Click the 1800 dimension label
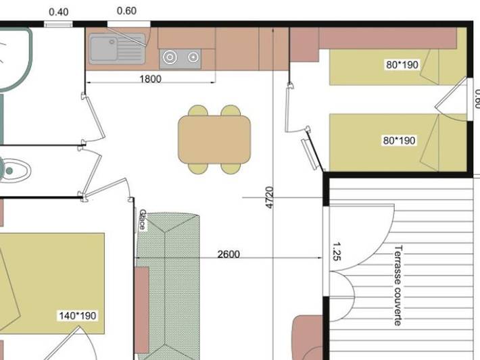(x=150, y=79)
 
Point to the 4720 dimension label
(x=270, y=197)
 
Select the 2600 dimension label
(x=228, y=255)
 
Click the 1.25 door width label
(x=337, y=253)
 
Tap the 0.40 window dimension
(x=59, y=11)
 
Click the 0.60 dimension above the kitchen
(x=126, y=11)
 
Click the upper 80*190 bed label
(x=402, y=66)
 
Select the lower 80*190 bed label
(x=399, y=141)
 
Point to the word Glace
(x=142, y=220)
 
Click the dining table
(x=214, y=139)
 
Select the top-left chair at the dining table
(x=198, y=111)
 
